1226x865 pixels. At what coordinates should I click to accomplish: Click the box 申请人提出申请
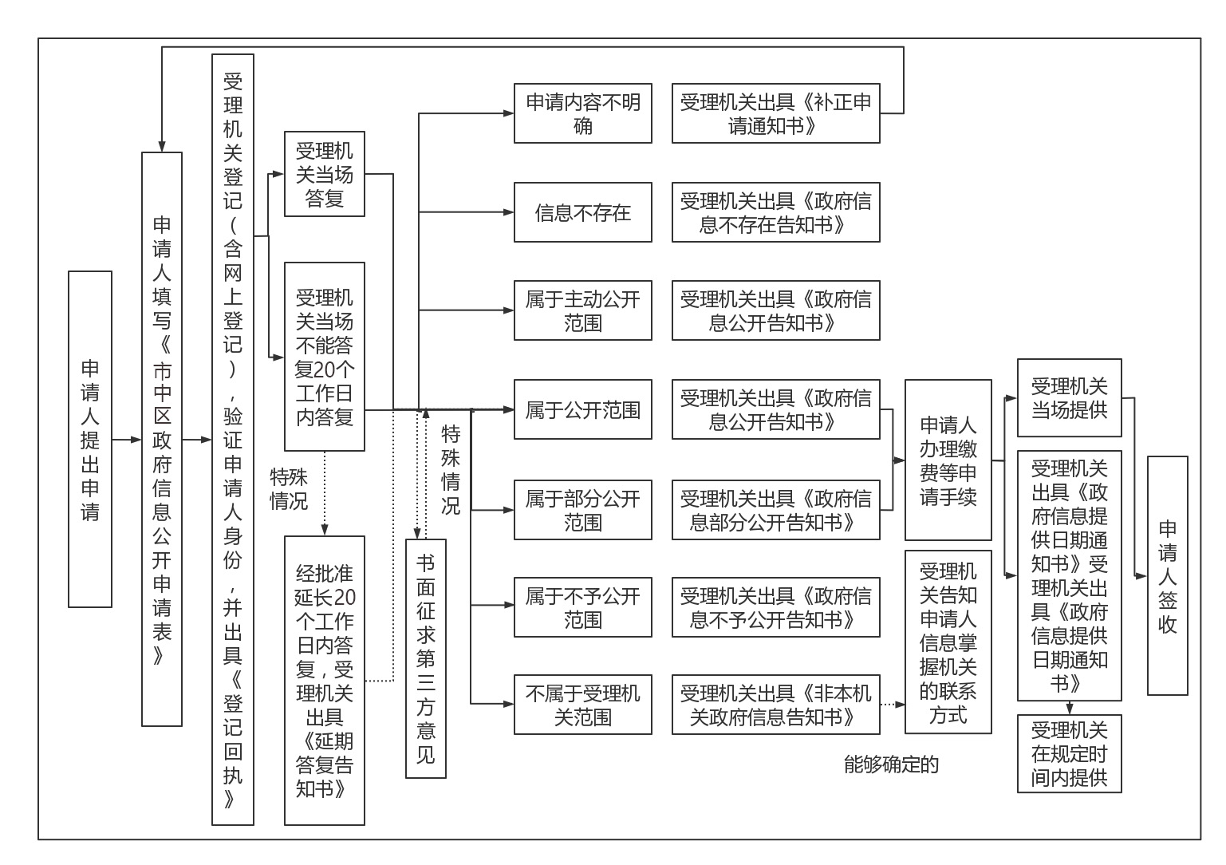point(90,439)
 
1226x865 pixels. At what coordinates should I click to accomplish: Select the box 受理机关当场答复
point(325,174)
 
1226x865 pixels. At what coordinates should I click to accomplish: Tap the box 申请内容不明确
point(582,113)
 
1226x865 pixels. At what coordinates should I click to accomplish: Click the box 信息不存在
point(582,212)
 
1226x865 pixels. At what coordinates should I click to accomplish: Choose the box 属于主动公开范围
point(582,310)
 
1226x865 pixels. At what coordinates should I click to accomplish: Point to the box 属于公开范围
point(582,409)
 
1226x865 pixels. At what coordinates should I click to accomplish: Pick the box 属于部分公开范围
point(582,510)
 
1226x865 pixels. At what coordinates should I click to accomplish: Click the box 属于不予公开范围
point(582,607)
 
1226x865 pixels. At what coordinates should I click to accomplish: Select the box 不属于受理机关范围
point(582,705)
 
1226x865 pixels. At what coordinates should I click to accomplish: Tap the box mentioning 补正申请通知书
point(775,113)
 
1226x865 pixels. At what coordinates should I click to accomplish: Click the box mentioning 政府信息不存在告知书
point(775,212)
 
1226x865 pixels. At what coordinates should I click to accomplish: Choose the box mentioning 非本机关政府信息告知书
point(775,705)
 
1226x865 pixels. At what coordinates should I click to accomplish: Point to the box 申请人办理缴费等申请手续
point(948,460)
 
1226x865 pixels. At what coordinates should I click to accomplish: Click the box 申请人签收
point(1167,575)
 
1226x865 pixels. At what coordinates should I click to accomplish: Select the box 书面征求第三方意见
point(426,658)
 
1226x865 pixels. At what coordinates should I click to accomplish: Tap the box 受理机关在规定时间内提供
point(1069,753)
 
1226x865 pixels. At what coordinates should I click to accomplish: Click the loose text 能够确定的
point(891,764)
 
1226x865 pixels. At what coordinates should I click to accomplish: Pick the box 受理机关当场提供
point(1069,398)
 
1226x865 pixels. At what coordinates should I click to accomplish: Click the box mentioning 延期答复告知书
point(325,680)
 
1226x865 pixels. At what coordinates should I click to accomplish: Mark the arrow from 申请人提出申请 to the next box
point(126,440)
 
